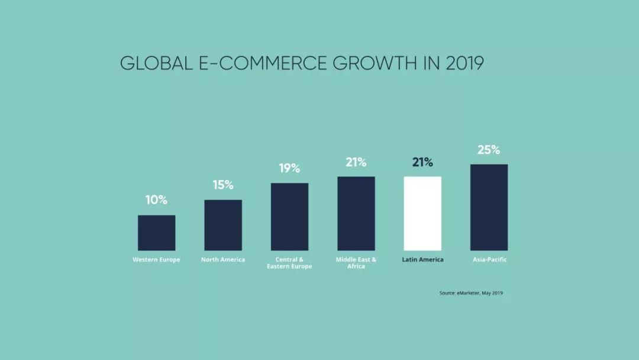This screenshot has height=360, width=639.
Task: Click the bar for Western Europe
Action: click(156, 233)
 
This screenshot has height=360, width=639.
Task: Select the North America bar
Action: click(223, 225)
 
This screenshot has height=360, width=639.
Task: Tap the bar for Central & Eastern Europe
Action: click(289, 217)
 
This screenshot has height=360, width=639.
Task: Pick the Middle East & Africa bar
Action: click(356, 213)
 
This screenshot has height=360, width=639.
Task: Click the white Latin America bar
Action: click(422, 213)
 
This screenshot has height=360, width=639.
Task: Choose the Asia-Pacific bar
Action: click(489, 207)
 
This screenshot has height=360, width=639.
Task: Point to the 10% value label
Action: click(156, 200)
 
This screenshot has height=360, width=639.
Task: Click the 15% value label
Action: click(223, 185)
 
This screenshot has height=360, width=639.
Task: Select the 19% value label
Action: click(289, 168)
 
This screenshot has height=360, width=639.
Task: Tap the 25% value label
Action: click(489, 150)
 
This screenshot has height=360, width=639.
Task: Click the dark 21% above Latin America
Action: click(422, 162)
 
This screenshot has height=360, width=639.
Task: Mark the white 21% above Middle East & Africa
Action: click(356, 162)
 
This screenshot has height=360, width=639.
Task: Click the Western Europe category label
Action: click(156, 260)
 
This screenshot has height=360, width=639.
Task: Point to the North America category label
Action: click(223, 260)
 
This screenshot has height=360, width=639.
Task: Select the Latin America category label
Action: click(422, 260)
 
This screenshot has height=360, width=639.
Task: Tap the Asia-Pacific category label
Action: click(489, 260)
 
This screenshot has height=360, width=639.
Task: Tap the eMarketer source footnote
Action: click(471, 292)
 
